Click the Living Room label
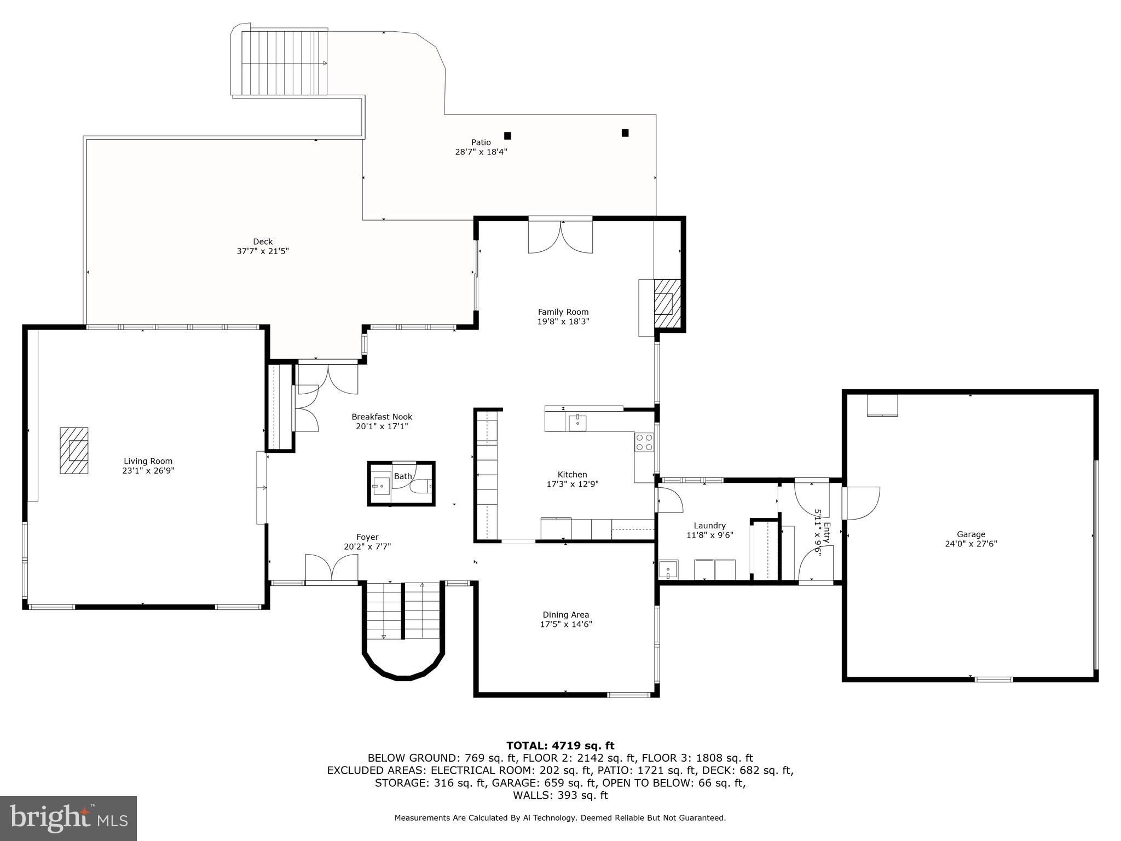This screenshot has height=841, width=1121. pos(148,461)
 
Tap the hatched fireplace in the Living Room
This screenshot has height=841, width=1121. pos(74,450)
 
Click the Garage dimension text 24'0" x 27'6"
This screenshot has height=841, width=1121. pos(971,544)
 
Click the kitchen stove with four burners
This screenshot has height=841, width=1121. pos(644,442)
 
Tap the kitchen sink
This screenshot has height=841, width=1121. pos(577,423)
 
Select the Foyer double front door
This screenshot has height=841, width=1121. pos(331,568)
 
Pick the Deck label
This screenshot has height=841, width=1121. pos(263,241)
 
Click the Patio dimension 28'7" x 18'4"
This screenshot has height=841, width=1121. pos(481,152)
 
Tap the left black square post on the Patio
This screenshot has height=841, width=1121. pos(507,136)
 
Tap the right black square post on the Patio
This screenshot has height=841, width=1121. pos(625,133)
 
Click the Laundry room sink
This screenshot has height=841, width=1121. pos(668,569)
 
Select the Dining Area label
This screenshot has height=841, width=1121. pos(566,615)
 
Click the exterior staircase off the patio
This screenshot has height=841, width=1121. pos(284,63)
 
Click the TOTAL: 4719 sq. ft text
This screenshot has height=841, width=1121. pos(560,745)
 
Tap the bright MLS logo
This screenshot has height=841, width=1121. pos(68,818)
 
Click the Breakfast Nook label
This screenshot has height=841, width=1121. pos(382,417)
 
